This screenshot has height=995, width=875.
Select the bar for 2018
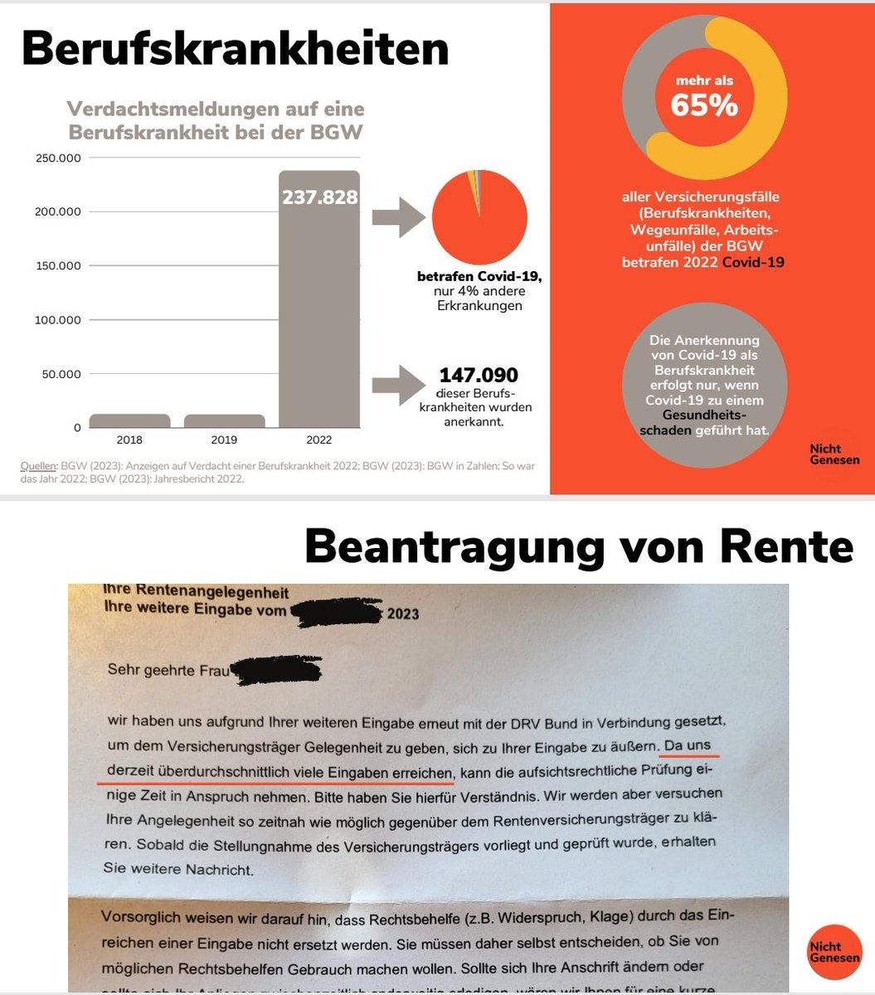(x=129, y=420)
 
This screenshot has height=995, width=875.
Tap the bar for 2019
(x=224, y=420)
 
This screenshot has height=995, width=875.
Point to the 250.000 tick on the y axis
(x=58, y=158)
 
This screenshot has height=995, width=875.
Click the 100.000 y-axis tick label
(x=58, y=320)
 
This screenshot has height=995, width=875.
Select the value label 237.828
(x=319, y=197)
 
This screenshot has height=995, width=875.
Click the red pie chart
(x=479, y=217)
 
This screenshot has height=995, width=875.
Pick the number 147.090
(x=479, y=376)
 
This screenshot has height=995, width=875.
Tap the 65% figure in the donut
(x=704, y=106)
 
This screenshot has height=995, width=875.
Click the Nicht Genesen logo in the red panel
(x=834, y=454)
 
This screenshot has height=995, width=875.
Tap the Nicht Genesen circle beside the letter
(x=834, y=952)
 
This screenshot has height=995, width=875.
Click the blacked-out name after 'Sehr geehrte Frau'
(x=275, y=669)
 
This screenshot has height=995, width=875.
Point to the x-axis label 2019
(x=224, y=439)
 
